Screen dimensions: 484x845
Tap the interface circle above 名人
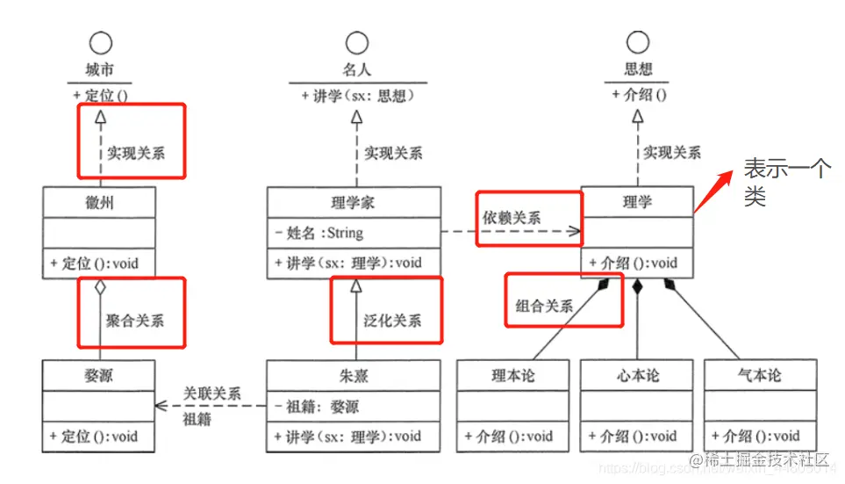[356, 42]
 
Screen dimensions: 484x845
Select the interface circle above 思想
[638, 42]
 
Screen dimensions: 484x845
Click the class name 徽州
[98, 202]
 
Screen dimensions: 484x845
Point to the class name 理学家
[354, 202]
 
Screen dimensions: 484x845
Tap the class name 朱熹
[354, 376]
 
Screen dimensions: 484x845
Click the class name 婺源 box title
[98, 376]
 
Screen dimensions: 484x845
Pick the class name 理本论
[513, 376]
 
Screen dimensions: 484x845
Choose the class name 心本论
[636, 376]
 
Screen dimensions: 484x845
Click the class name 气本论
[759, 376]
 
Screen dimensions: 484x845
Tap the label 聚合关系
[134, 320]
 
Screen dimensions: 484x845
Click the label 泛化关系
[392, 320]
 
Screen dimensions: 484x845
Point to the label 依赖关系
[512, 218]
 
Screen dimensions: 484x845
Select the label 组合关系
[544, 306]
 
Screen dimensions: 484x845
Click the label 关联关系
[211, 394]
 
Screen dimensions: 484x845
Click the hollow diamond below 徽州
[99, 287]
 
